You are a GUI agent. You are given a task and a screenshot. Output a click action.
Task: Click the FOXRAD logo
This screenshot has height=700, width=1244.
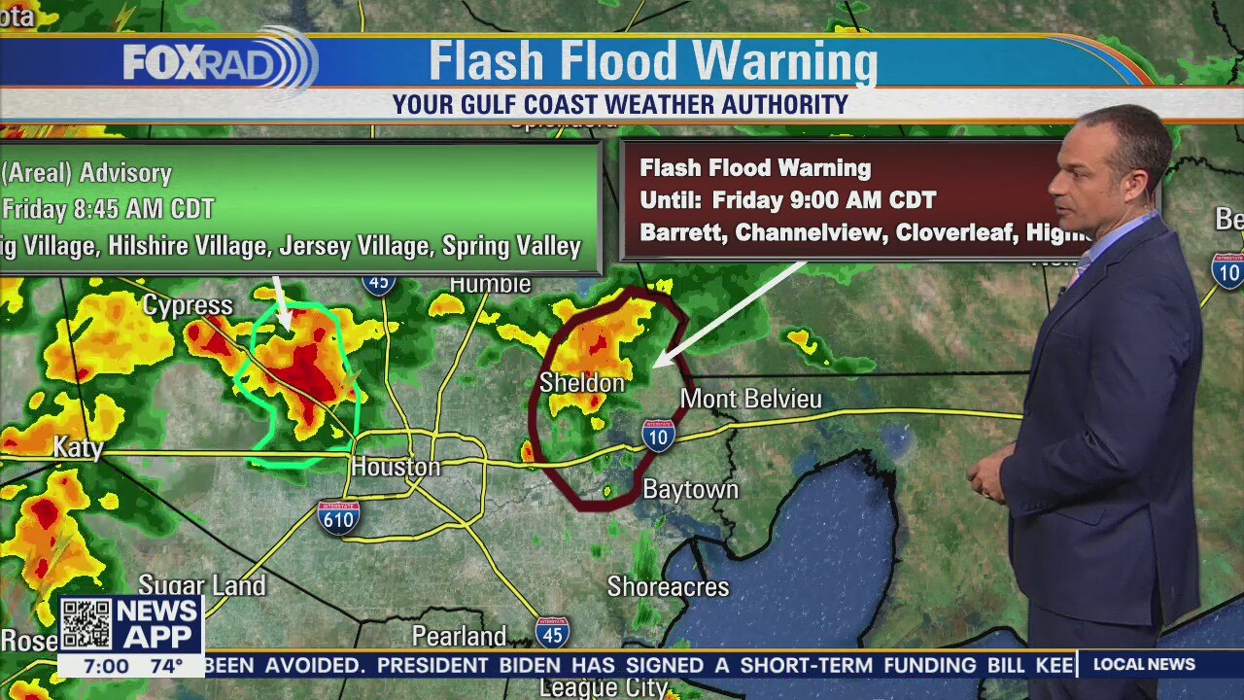219,62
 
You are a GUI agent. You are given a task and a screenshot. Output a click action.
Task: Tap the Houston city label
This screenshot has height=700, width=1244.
396,467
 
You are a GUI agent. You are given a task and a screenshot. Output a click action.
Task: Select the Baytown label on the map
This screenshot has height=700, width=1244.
691,489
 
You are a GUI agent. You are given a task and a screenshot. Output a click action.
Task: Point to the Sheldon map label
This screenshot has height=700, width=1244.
581,383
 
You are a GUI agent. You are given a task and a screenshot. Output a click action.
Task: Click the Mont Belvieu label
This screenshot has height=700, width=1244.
750,399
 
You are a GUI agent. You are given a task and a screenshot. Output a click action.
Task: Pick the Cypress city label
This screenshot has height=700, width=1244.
188,306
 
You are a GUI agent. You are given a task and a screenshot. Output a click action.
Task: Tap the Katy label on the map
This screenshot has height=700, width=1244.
78,447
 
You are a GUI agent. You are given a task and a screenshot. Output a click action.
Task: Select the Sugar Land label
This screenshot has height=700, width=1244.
202,585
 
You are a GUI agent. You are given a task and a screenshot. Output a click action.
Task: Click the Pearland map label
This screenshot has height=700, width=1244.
459,637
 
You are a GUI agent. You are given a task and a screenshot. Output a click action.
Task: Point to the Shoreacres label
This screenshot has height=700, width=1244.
668,587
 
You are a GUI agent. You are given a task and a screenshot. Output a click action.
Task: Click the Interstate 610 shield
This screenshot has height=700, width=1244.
338,517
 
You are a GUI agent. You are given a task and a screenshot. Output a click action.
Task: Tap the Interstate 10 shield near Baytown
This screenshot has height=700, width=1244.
658,436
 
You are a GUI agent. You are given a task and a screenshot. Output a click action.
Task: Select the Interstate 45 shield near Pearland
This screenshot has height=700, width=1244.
551,632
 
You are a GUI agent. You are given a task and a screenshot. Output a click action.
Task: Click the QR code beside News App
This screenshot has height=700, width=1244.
86,624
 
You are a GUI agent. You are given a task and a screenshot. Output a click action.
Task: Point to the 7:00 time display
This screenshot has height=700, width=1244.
106,666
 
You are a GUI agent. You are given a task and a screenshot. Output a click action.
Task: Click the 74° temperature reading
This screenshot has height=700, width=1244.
165,666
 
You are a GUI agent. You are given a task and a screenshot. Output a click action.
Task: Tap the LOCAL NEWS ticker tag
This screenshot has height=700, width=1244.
1144,664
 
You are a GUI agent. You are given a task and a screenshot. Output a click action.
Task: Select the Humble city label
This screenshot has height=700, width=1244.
490,285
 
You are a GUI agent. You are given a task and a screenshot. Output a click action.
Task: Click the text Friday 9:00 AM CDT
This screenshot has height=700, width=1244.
823,201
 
